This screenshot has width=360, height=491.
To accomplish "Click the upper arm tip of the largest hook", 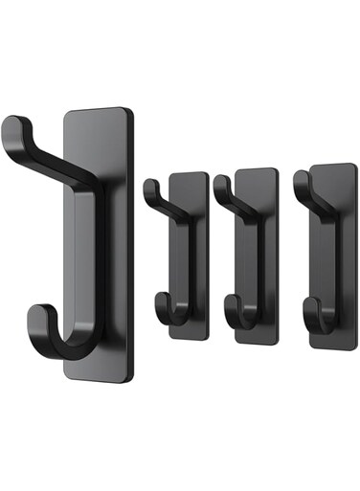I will [12, 124].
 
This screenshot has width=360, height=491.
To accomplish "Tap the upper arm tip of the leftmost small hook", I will [149, 184].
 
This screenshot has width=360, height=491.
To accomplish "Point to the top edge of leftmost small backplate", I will [190, 174].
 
